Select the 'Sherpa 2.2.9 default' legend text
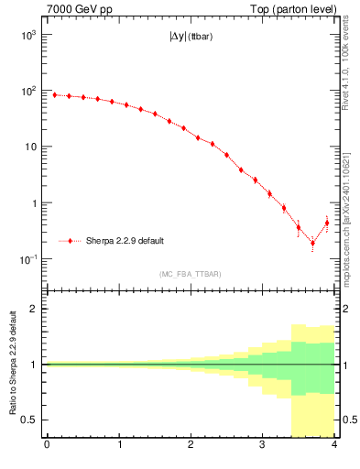click(125, 241)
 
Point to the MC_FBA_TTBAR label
click(190, 274)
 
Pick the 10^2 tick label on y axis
click(31, 91)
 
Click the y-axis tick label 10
click(31, 147)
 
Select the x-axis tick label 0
click(47, 446)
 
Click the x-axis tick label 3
click(263, 446)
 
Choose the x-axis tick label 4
click(334, 446)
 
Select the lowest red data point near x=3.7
click(312, 243)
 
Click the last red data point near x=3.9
click(327, 223)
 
